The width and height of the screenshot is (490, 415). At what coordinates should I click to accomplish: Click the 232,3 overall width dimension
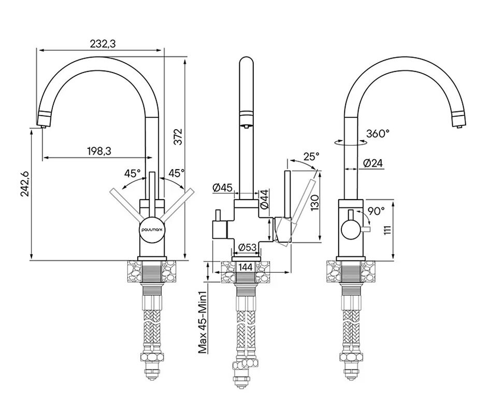click(103, 44)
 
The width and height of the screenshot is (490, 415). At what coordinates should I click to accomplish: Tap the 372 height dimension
click(178, 136)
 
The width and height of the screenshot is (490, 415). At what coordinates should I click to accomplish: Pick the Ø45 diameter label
click(222, 187)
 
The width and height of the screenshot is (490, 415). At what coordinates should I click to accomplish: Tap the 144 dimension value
click(246, 267)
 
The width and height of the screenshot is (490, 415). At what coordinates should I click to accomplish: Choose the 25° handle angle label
click(311, 156)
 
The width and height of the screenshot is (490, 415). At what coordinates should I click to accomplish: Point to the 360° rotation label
click(378, 133)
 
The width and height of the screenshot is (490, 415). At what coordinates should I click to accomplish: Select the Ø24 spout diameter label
click(373, 163)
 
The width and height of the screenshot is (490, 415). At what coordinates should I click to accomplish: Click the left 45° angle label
click(133, 173)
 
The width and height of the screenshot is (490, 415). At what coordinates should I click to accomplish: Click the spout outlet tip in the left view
click(42, 122)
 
